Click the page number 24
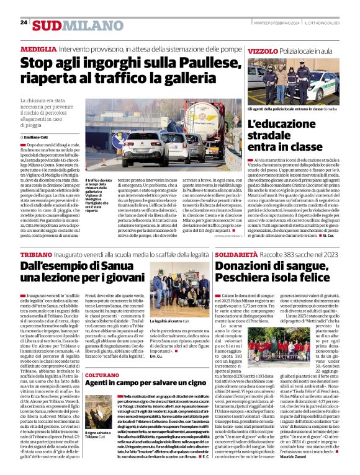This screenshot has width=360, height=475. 24,22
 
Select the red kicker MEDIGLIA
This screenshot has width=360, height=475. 39,48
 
